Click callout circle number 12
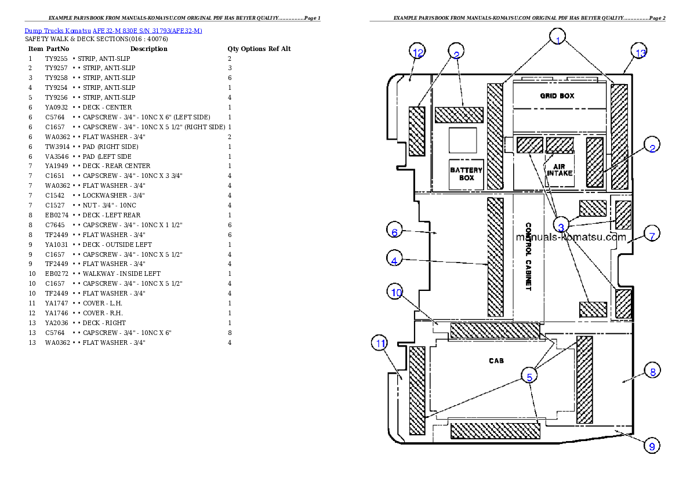417,52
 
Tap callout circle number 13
640,53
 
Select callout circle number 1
557,38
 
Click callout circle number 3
561,227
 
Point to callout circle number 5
529,376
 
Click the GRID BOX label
557,96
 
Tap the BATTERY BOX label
467,174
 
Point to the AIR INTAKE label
560,169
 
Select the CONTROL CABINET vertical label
528,257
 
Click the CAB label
496,360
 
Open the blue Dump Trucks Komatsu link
113,31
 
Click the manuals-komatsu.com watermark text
571,237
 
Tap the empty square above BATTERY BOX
463,141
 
